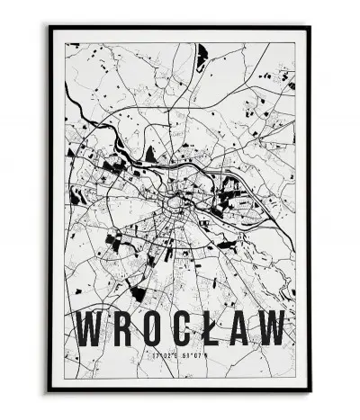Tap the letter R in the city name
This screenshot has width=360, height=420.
pos(125,327)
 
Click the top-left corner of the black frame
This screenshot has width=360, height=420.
pos(50,27)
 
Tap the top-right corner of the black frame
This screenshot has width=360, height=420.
pos(309,27)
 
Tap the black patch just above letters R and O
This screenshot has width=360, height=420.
pos(138,292)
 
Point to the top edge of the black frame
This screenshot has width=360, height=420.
pos(180,27)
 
